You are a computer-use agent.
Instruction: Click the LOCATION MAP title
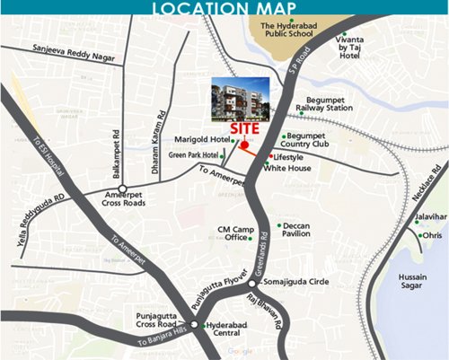click(224, 9)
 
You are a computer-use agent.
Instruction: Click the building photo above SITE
click(239, 98)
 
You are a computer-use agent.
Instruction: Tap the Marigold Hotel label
click(204, 139)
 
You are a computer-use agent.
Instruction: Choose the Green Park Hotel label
click(195, 155)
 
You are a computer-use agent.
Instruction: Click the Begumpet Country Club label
click(305, 138)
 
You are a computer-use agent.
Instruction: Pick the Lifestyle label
click(289, 157)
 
